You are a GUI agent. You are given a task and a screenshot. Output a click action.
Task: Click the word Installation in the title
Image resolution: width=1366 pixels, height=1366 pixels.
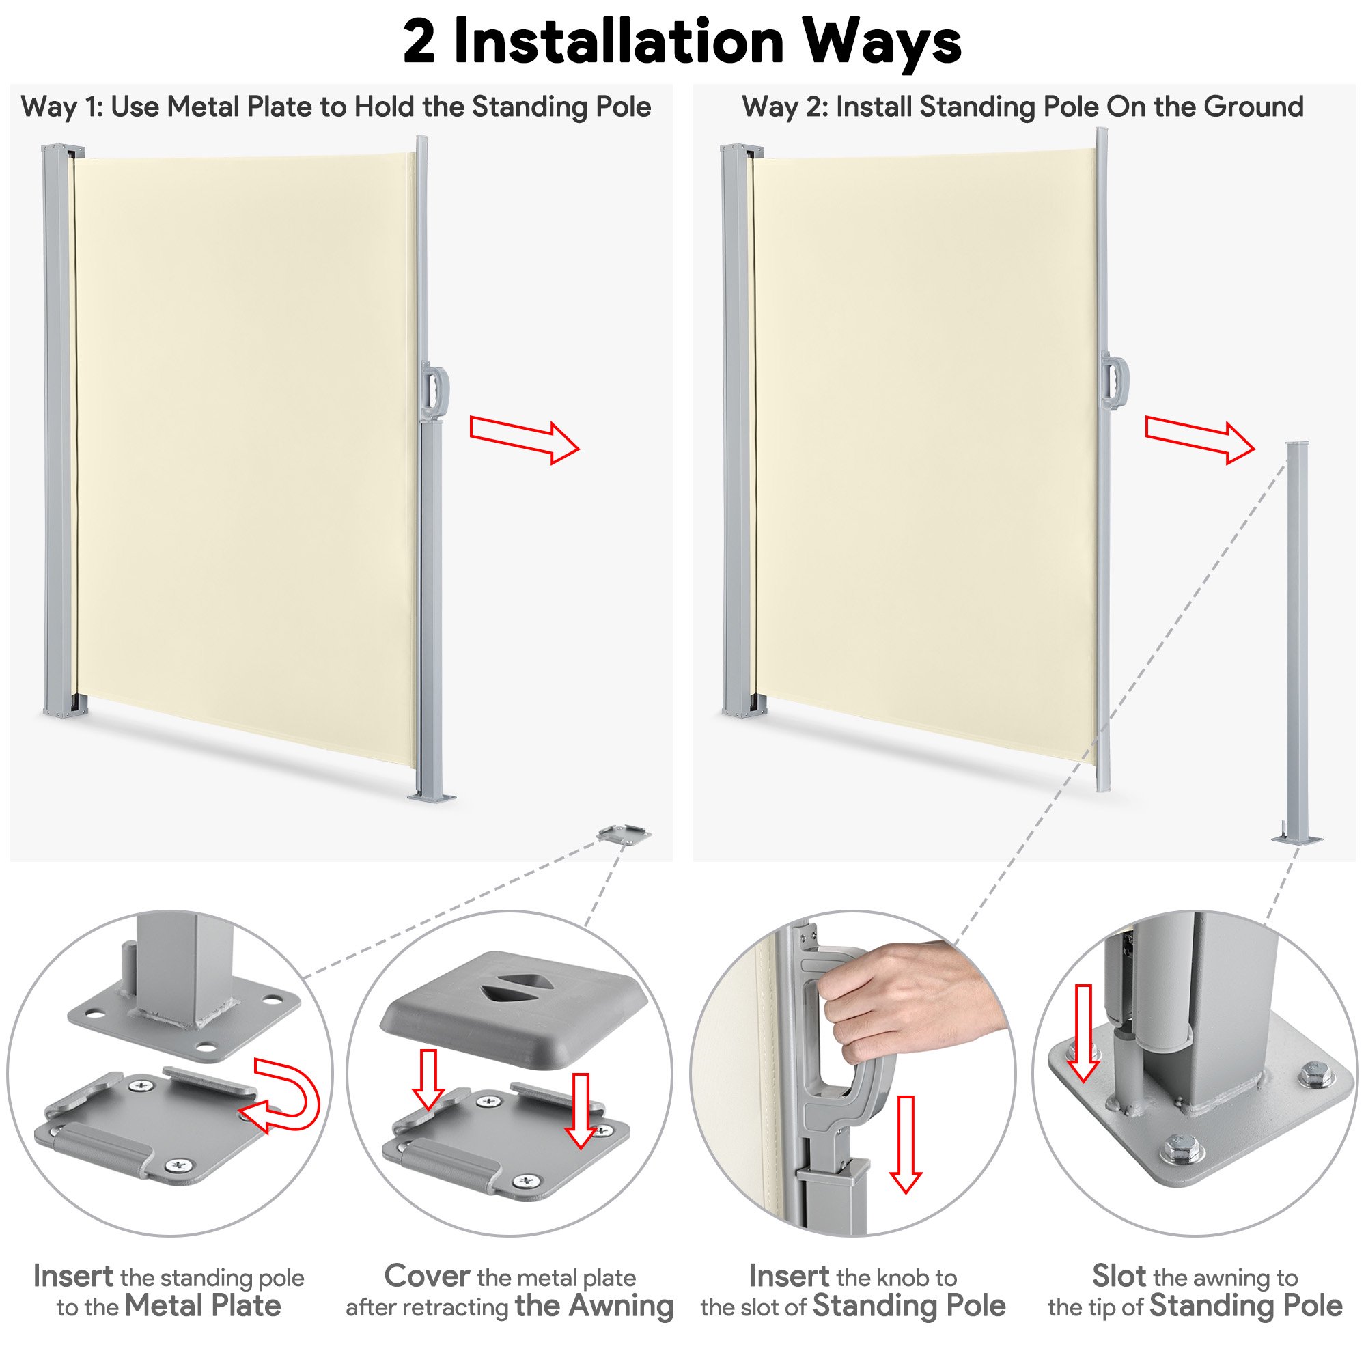pyautogui.click(x=619, y=42)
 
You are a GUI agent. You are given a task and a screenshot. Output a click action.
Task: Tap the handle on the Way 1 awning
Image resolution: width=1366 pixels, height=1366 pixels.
pyautogui.click(x=435, y=391)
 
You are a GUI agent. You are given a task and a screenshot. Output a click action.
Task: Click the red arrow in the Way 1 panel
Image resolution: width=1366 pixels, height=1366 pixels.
pyautogui.click(x=525, y=440)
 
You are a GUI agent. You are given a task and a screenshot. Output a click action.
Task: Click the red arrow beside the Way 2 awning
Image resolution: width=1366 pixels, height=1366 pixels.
pyautogui.click(x=1201, y=440)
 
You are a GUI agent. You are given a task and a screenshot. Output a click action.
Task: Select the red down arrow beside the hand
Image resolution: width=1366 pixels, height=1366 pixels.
pyautogui.click(x=906, y=1145)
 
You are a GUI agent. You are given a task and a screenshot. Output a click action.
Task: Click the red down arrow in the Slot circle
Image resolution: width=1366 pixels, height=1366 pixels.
pyautogui.click(x=1083, y=1033)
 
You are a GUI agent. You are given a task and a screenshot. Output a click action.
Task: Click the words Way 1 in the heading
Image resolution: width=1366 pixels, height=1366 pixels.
pyautogui.click(x=61, y=107)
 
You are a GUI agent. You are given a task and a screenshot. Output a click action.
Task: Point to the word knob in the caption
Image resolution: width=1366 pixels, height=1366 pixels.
pyautogui.click(x=902, y=1278)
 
